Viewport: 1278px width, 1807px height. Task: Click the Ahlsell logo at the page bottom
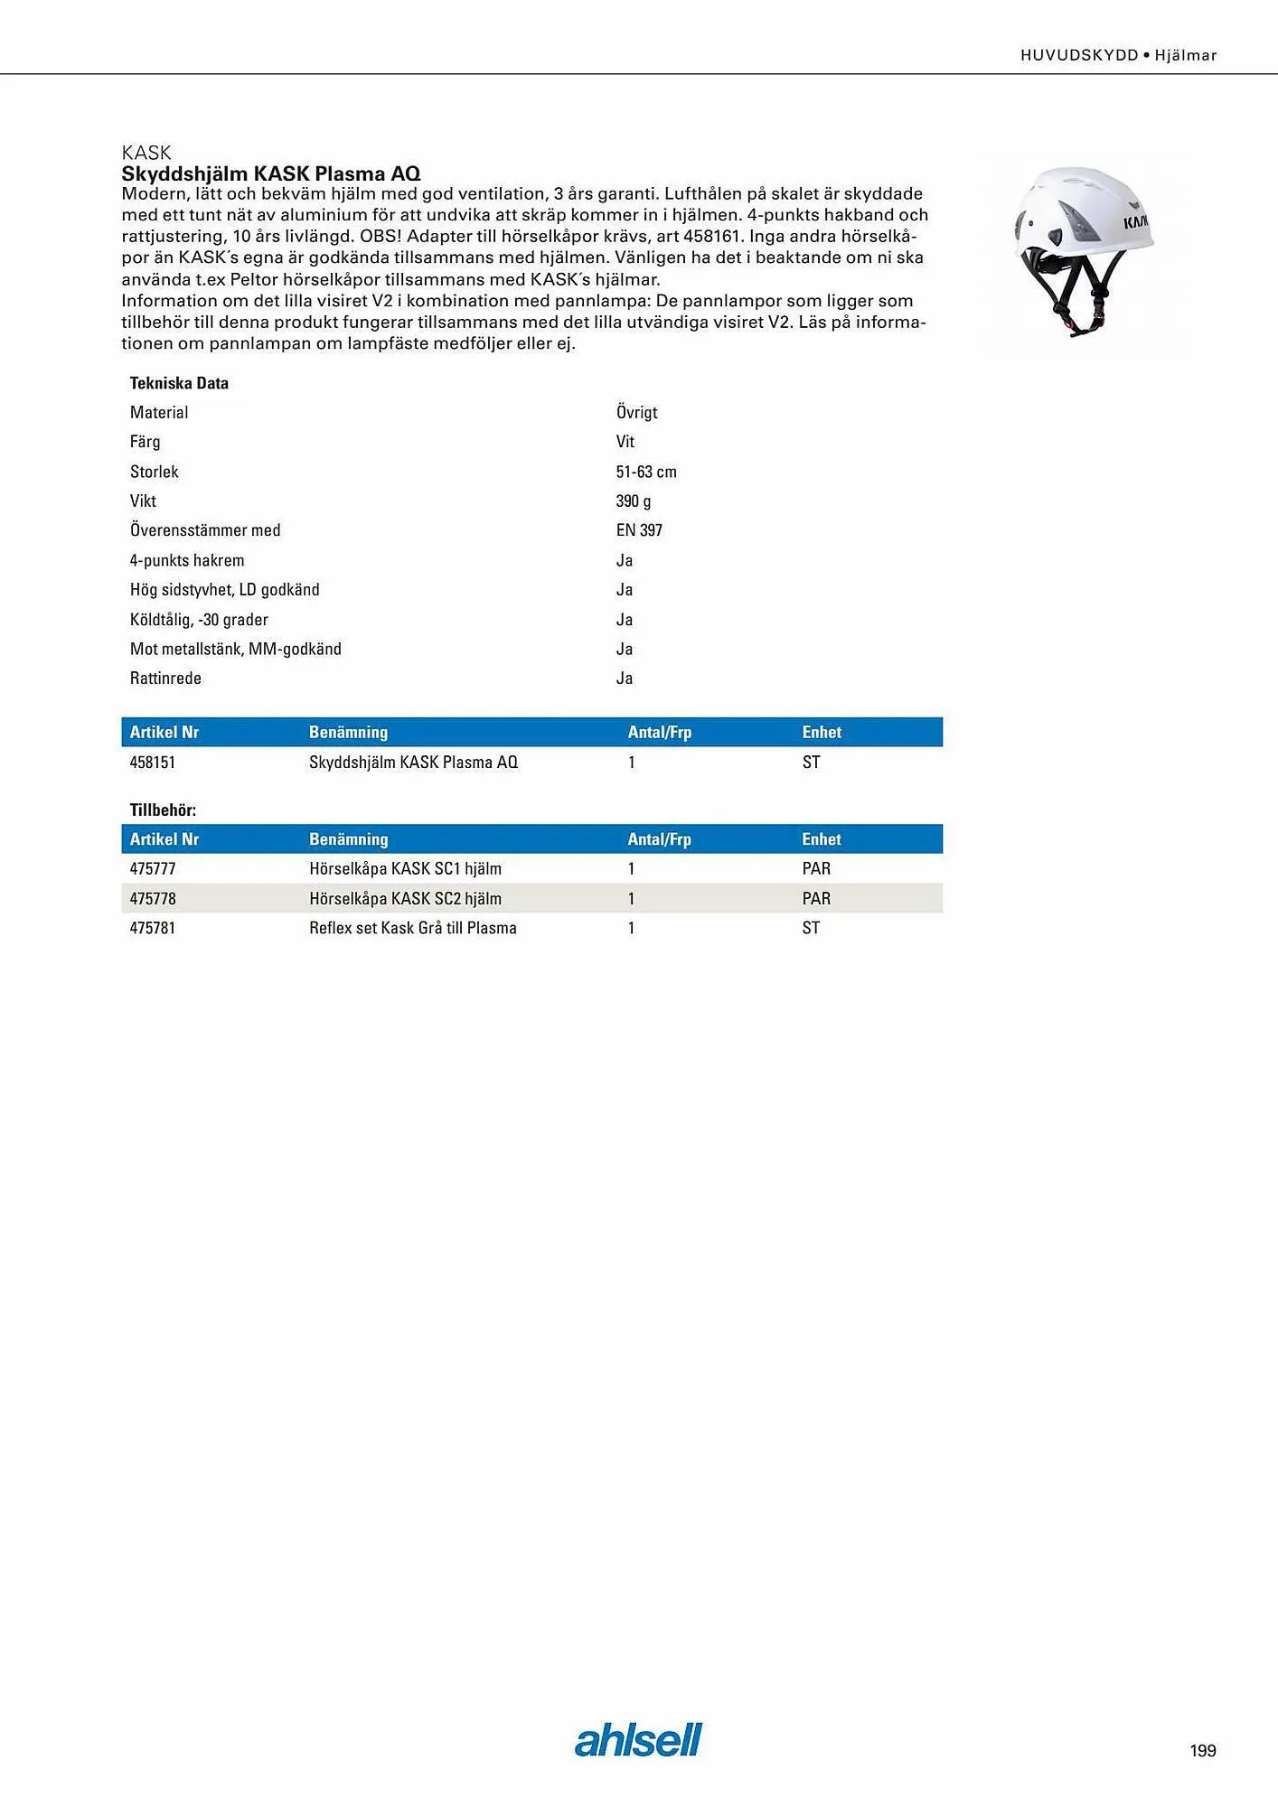tap(638, 1739)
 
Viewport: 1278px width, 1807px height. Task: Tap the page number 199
tap(1202, 1751)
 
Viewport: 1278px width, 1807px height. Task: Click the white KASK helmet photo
tap(1083, 249)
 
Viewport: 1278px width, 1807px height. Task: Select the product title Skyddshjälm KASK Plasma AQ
tap(271, 173)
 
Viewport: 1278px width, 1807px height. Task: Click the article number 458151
tap(153, 763)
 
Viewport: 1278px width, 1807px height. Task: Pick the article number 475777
tap(153, 869)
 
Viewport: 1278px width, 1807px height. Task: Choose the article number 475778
tap(153, 899)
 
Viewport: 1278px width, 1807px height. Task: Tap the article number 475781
tap(153, 928)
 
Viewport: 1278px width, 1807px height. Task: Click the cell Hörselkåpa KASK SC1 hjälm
tap(405, 869)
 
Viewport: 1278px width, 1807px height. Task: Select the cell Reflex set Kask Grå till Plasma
tap(413, 928)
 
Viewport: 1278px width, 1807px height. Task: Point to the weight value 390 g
tap(634, 501)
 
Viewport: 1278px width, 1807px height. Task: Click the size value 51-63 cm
tap(646, 472)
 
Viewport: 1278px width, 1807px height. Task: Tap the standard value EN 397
tap(639, 530)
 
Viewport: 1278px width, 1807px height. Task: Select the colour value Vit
tap(625, 442)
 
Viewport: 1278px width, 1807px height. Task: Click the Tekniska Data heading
tap(179, 383)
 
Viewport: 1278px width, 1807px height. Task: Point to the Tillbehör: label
tap(163, 810)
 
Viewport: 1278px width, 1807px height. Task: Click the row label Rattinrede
tap(165, 679)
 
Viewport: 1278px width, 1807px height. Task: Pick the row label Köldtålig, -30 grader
tap(199, 620)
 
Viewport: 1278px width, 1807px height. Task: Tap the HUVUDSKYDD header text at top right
tap(1079, 55)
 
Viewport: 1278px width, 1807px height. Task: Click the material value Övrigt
tap(636, 413)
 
